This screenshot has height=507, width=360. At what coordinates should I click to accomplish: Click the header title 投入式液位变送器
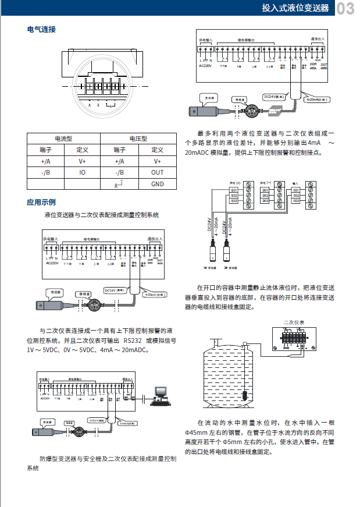click(x=295, y=9)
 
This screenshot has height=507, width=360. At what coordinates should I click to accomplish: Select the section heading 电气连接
click(x=41, y=29)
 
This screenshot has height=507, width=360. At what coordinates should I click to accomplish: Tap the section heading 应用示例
click(x=41, y=203)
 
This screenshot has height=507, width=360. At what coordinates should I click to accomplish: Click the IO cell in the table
click(x=82, y=172)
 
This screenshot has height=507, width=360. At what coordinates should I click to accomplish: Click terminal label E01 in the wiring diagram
click(x=234, y=190)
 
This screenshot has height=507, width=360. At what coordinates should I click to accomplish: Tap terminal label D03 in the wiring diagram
click(x=265, y=201)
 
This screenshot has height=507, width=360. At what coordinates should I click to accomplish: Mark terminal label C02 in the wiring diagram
click(x=296, y=196)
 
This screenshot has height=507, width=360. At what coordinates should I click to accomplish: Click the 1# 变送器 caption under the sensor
click(x=210, y=268)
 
